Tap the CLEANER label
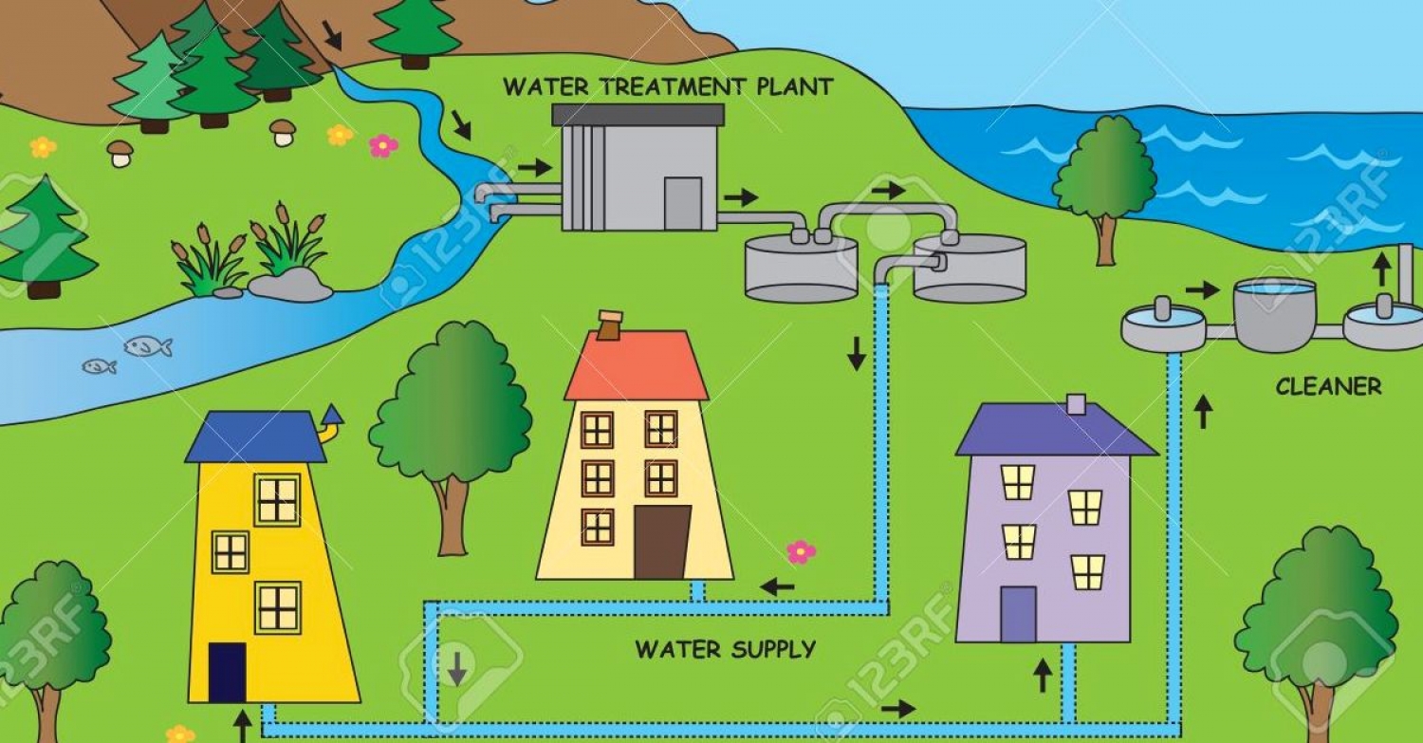tap(1328, 387)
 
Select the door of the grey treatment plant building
tap(682, 202)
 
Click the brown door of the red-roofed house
tap(661, 542)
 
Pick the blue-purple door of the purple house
tap(1019, 615)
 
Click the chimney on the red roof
tap(608, 325)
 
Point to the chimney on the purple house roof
tap(1076, 404)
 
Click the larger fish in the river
tap(147, 346)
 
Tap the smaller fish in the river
tap(99, 366)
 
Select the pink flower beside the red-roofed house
tap(801, 551)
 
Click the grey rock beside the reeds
tap(290, 284)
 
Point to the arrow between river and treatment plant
tap(535, 168)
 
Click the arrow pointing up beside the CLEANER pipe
tap(1203, 412)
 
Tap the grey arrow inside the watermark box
tap(457, 668)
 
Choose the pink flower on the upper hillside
tap(383, 145)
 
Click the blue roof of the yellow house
tap(256, 437)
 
